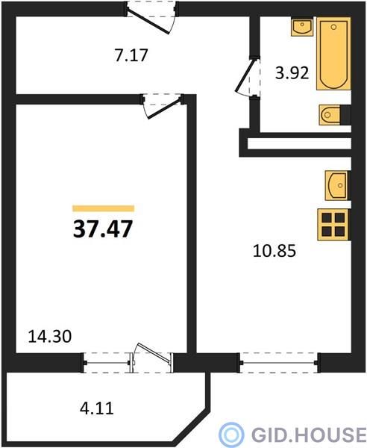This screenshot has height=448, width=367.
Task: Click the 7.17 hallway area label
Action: tap(131, 55)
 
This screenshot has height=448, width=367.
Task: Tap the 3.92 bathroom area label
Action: tap(292, 73)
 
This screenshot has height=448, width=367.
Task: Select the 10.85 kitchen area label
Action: tap(275, 251)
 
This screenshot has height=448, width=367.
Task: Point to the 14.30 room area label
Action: tap(50, 336)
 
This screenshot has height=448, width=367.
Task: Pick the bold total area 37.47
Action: tap(103, 229)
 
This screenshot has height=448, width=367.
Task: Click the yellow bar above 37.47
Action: tap(103, 208)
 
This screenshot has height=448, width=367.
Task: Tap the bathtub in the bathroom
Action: tap(333, 54)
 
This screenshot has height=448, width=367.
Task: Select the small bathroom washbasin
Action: tap(302, 27)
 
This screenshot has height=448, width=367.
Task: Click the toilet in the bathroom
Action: tap(331, 115)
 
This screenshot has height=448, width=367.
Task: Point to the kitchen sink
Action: tap(337, 185)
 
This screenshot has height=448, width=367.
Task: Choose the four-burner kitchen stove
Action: tap(333, 225)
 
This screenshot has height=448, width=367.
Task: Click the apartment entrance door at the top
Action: tap(151, 17)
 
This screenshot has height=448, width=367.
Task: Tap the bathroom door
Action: tap(248, 77)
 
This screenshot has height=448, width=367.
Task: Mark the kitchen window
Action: tap(279, 363)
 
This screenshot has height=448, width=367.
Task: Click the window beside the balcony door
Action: tap(107, 363)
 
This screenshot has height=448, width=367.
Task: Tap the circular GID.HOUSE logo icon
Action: tap(231, 435)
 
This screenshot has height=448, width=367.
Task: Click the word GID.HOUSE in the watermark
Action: tap(309, 435)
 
